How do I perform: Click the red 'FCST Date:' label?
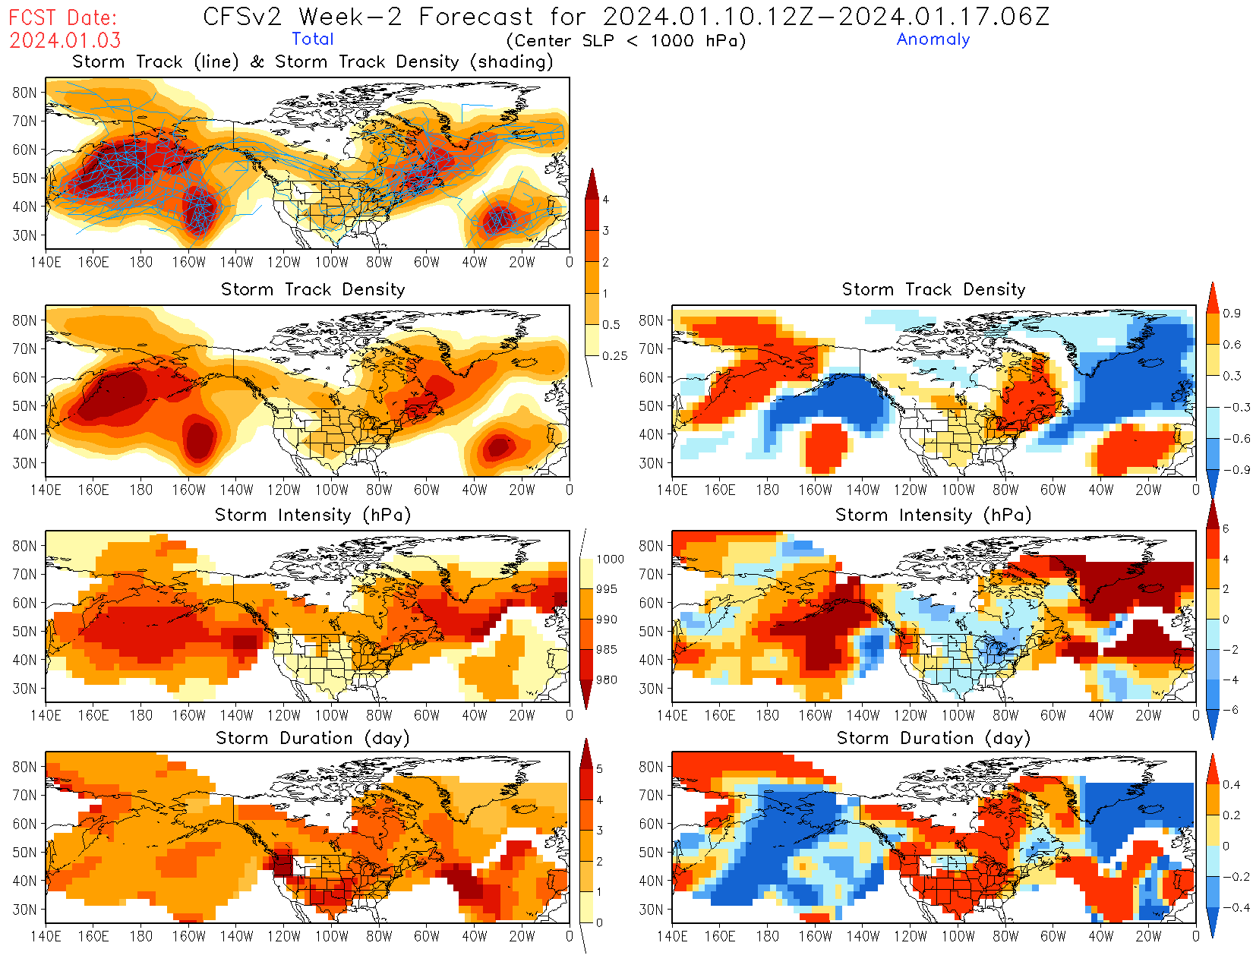pos(64,17)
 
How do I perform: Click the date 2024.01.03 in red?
pos(65,39)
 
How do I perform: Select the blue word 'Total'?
pos(312,39)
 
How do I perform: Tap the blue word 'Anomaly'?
pos(933,39)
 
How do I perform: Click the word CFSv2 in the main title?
pos(241,16)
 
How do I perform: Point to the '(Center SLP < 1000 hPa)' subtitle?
pos(626,40)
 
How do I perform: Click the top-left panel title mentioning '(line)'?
pos(312,61)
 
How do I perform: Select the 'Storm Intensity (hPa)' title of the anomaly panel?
pos(933,515)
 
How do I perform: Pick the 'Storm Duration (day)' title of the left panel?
pos(312,738)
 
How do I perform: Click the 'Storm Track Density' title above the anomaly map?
pos(933,289)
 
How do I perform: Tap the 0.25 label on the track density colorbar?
pos(614,355)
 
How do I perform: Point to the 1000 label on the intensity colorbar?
pos(610,559)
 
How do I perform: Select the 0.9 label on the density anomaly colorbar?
pos(1232,313)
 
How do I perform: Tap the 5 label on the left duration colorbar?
pos(600,769)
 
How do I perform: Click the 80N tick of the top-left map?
pos(24,93)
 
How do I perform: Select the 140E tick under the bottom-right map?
pos(672,936)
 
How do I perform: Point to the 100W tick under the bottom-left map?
pos(331,936)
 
